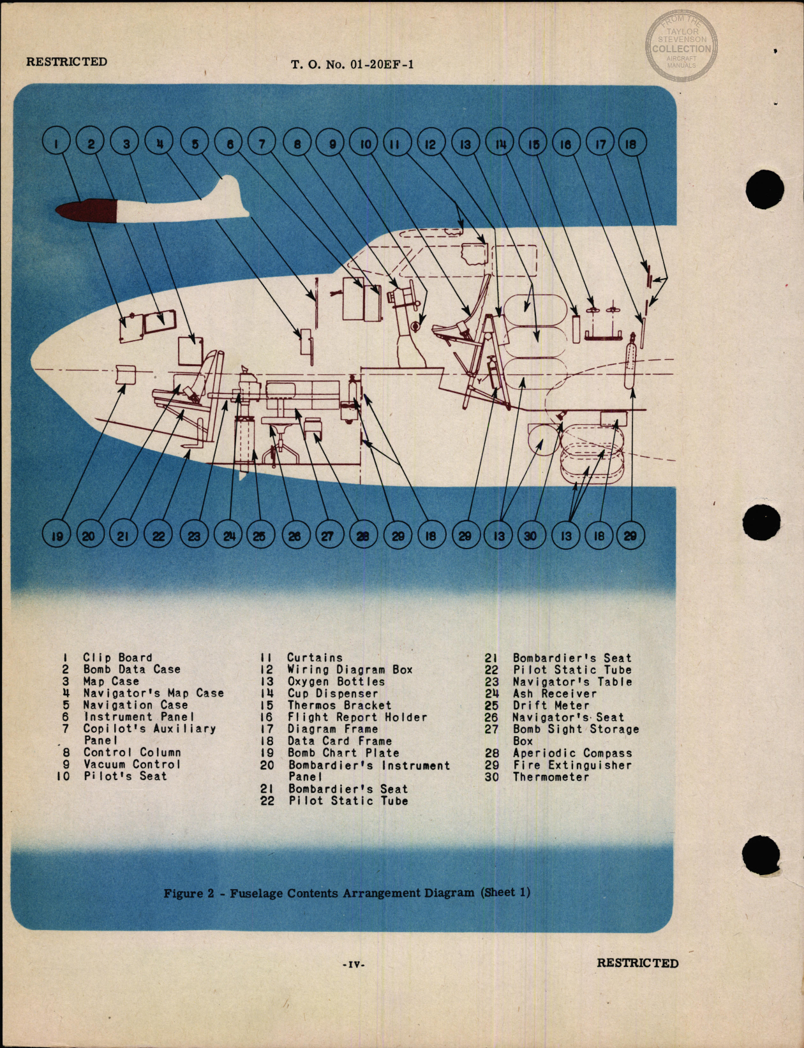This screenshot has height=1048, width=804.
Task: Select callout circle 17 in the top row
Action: click(x=600, y=143)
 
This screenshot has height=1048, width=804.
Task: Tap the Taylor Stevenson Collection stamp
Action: click(x=681, y=46)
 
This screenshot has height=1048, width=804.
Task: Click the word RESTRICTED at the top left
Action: click(x=66, y=62)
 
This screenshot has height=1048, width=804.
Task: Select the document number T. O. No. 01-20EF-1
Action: click(x=352, y=64)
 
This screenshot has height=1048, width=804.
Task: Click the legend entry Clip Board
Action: click(x=117, y=657)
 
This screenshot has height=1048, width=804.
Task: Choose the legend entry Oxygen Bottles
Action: click(x=336, y=681)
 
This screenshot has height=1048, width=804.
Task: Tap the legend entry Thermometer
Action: click(x=550, y=776)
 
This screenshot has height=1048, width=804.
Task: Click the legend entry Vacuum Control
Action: click(x=132, y=764)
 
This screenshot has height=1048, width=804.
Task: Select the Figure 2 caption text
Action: click(x=346, y=892)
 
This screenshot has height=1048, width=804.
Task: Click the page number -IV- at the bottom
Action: click(x=353, y=964)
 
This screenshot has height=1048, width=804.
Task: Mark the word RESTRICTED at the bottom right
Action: click(x=637, y=963)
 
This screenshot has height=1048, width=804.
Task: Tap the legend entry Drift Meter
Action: click(x=551, y=705)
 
